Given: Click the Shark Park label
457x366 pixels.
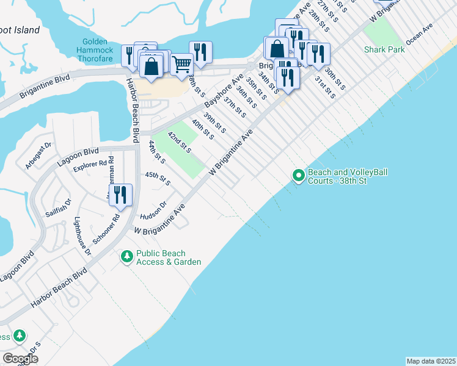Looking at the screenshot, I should pyautogui.click(x=384, y=49).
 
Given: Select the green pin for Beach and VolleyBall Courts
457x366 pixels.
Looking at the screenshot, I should pyautogui.click(x=299, y=176).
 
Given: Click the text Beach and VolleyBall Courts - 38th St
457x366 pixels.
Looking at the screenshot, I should pyautogui.click(x=346, y=177).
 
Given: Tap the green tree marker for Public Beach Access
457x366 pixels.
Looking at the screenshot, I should pyautogui.click(x=126, y=257).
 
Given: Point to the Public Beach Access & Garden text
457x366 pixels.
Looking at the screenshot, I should pyautogui.click(x=168, y=257).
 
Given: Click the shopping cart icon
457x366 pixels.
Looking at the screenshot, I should pyautogui.click(x=181, y=63).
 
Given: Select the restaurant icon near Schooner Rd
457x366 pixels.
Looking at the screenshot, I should pyautogui.click(x=120, y=195).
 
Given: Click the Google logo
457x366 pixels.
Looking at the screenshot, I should pyautogui.click(x=20, y=358).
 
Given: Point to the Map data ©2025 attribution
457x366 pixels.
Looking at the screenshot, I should pyautogui.click(x=430, y=361).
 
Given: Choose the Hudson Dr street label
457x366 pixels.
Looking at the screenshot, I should pyautogui.click(x=153, y=210).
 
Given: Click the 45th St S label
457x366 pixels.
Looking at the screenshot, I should pyautogui.click(x=157, y=178).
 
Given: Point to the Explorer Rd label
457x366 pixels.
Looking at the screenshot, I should pyautogui.click(x=90, y=167).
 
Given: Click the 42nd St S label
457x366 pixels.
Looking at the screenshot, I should pyautogui.click(x=180, y=142).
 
